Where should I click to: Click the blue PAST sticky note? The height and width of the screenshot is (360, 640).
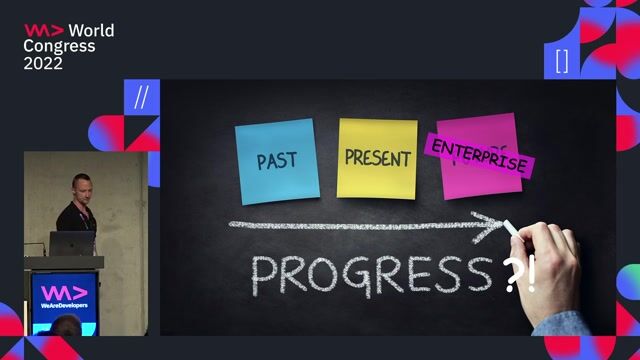tap(276, 160)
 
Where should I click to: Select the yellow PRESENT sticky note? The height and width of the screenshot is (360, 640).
tap(377, 157)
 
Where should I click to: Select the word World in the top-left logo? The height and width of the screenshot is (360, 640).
tap(91, 31)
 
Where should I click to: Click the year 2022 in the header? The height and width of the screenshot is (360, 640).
tap(43, 63)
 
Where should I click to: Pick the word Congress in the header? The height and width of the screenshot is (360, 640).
tap(60, 47)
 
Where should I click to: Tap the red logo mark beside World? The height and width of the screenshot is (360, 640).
tap(44, 31)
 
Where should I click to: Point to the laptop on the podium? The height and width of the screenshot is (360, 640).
tap(72, 244)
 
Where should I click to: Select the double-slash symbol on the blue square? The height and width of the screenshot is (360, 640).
tap(141, 97)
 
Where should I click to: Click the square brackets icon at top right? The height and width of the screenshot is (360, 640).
tap(561, 60)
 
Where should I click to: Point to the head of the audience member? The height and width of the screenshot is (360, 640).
tap(67, 327)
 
